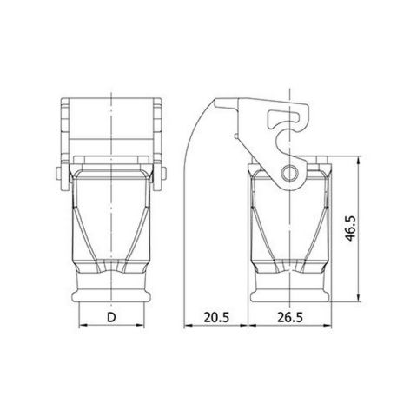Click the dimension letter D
(x=113, y=318)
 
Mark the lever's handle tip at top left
(x=223, y=99)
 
